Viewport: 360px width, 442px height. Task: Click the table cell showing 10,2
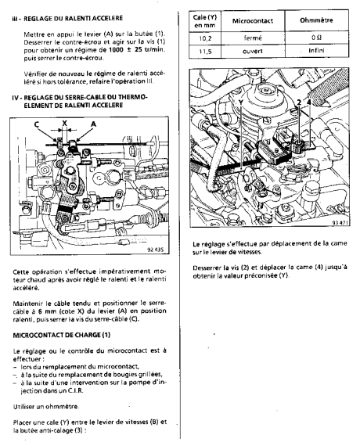[x=205, y=38]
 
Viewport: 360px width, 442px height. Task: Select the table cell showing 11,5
[x=205, y=52]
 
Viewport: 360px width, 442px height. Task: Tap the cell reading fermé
[x=253, y=38]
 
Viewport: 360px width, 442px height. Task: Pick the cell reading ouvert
[x=253, y=52]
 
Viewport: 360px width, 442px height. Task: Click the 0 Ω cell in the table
[x=317, y=38]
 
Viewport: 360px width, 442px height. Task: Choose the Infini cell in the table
[x=317, y=52]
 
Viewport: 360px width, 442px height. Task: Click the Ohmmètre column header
[x=317, y=20]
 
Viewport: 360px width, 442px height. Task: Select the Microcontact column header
[x=253, y=21]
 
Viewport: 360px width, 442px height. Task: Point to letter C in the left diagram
[x=37, y=124]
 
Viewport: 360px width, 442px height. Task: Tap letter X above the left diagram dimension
[x=65, y=123]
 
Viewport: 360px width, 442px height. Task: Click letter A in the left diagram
[x=94, y=124]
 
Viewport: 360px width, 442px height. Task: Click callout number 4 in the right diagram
[x=309, y=102]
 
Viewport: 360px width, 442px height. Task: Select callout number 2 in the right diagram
[x=299, y=102]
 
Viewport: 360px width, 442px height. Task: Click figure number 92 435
[x=155, y=250]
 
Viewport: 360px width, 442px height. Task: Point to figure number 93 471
[x=340, y=223]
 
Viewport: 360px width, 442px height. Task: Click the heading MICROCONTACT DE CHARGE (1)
[x=62, y=335]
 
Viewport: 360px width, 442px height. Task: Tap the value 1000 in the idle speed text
[x=116, y=50]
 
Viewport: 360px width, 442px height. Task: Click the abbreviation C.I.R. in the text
[x=76, y=390]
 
